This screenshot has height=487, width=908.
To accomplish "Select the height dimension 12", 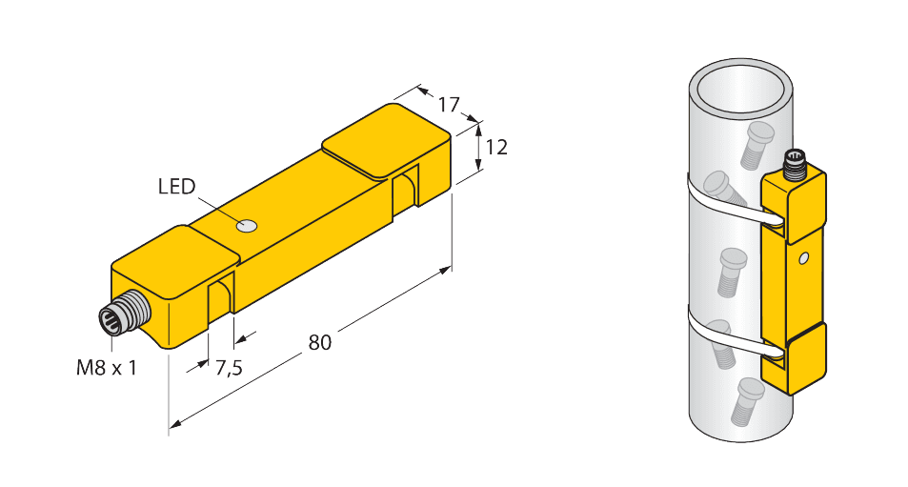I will (x=496, y=148).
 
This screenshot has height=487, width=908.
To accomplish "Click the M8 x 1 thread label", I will (x=106, y=367).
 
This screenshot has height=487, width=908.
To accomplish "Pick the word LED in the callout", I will (x=176, y=186).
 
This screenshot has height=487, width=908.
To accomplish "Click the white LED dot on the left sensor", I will (x=247, y=227).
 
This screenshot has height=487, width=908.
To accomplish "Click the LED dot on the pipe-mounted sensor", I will (x=805, y=257).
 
